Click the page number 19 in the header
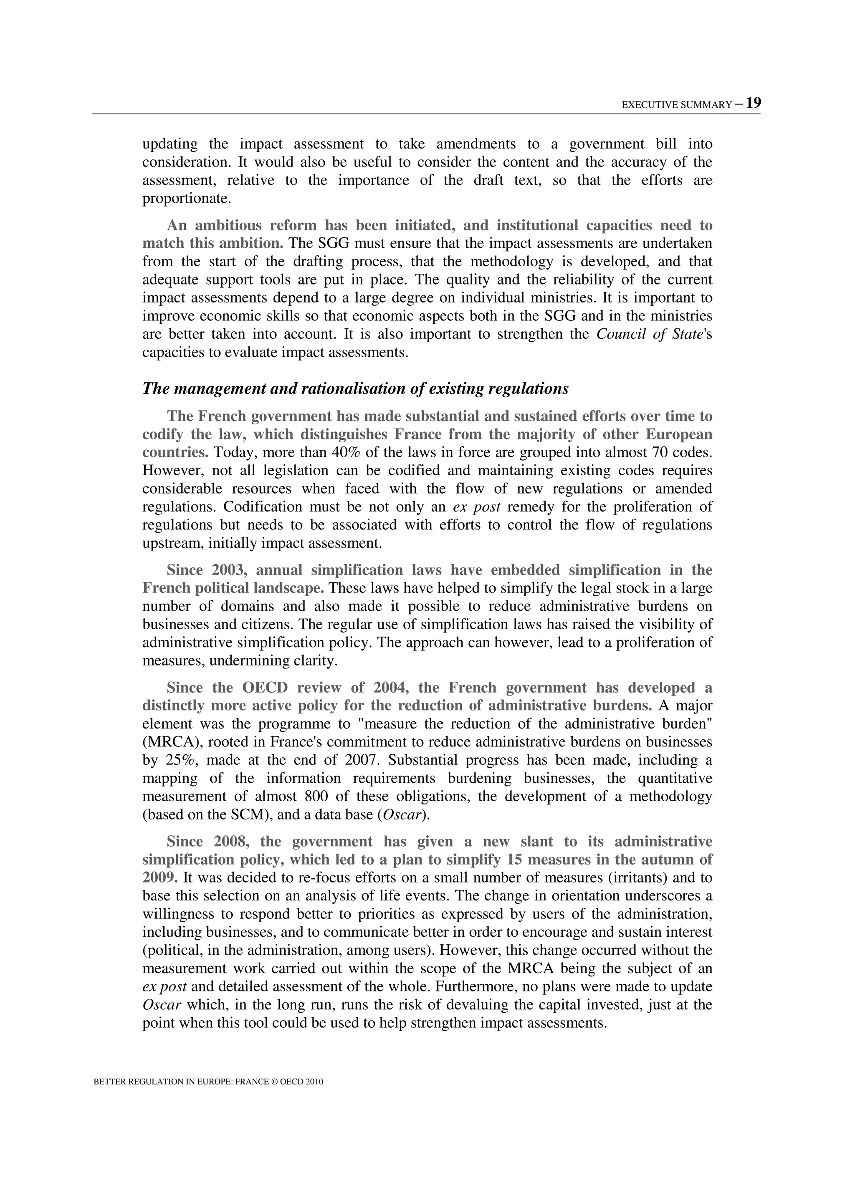753,103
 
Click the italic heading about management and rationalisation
355,388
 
